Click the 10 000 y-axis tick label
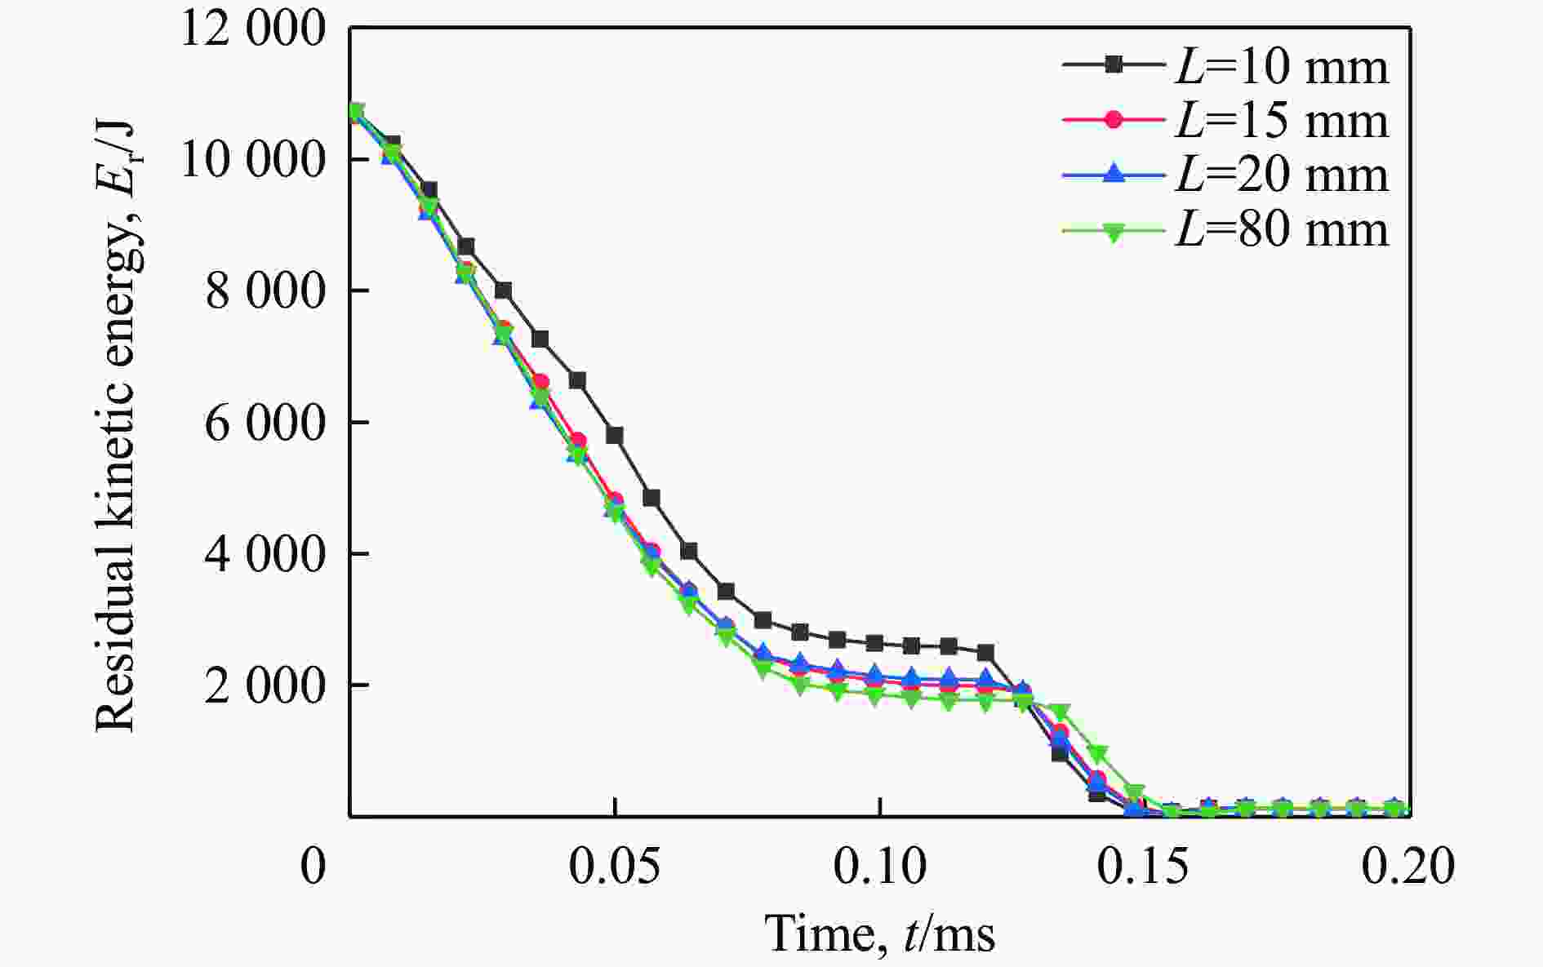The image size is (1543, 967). tap(252, 160)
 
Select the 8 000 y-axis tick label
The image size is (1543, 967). tap(265, 291)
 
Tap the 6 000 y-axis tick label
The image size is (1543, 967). tap(265, 423)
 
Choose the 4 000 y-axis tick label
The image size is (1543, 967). tap(265, 554)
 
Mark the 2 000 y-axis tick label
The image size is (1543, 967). tap(265, 685)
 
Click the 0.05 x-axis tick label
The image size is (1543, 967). tap(615, 867)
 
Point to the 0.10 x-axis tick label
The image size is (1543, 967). tap(879, 867)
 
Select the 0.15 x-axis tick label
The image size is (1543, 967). tap(1144, 867)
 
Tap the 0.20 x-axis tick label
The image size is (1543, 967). tap(1407, 867)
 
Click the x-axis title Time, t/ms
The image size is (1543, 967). tap(880, 933)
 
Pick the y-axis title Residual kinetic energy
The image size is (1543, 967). tap(115, 424)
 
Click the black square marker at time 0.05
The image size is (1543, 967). tap(615, 435)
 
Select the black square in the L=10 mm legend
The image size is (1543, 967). tap(1113, 66)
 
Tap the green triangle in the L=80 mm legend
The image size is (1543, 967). tap(1113, 232)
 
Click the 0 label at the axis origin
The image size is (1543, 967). tap(313, 867)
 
